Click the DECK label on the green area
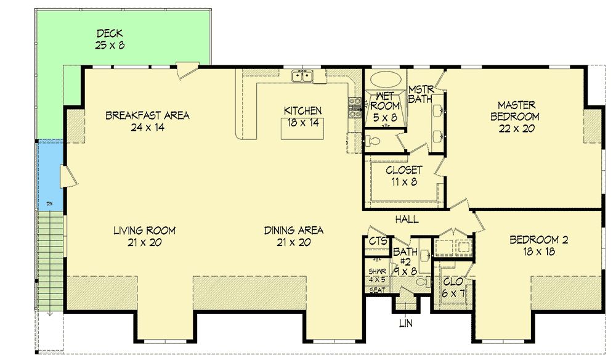coord(110,33)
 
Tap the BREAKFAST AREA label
coord(147,115)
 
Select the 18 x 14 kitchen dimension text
coord(302,123)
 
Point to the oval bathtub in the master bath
coord(386,80)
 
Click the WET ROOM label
coord(385,101)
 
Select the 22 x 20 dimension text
coord(517,128)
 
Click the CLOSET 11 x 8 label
coord(404,176)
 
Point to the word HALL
coord(407,219)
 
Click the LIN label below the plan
coord(406,324)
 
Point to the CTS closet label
coord(378,241)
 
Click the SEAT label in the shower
coord(378,290)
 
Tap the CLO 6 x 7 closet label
coord(453,287)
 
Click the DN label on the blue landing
coord(49,203)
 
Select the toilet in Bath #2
coord(423,282)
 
